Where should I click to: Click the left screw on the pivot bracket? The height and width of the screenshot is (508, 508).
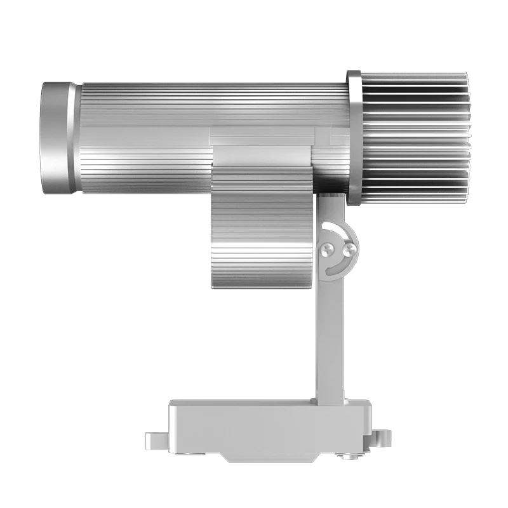coord(328,249)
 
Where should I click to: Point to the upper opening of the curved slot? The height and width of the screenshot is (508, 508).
coord(328,226)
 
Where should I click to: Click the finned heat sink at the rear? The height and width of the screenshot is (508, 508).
coord(413,137)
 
